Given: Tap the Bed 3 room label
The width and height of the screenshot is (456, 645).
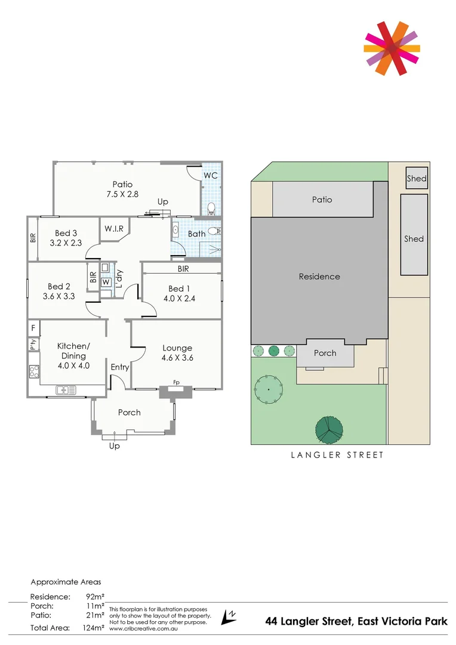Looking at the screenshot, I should pos(66,233).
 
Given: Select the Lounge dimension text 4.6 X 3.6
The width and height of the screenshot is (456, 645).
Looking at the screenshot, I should pos(177,358).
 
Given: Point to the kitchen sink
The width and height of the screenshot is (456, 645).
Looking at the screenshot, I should pos(66,391).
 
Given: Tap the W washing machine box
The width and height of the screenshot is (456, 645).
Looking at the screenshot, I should pos(106,282).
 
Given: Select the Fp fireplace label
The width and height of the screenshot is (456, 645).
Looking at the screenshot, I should pos(176,382).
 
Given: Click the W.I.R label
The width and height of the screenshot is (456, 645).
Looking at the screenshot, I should pos(114,229).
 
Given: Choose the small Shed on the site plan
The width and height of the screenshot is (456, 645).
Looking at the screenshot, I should pos(417,178).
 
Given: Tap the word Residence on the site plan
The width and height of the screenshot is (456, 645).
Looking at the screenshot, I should pos(319,277).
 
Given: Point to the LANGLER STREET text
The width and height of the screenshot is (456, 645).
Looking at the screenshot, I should pos(337,455).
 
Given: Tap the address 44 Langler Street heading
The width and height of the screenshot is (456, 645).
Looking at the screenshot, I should pos(356,622).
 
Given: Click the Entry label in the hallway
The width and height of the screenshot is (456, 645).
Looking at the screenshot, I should pos(119,367).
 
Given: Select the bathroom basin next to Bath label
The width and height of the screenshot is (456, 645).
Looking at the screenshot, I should pos(176,229).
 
